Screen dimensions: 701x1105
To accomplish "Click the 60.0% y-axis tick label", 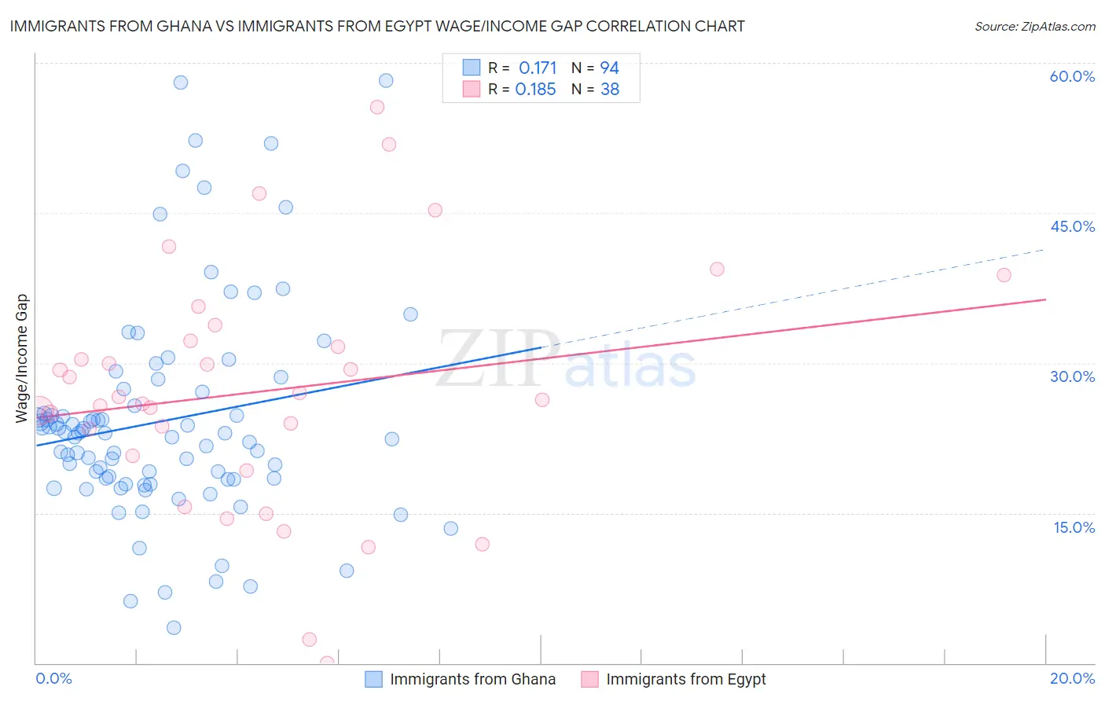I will coord(1072,76).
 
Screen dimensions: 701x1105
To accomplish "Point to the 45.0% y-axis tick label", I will coord(1072,226).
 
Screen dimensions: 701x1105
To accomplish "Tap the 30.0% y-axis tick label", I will coord(1072,376).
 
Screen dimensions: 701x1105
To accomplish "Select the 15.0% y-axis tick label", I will coord(1074,527).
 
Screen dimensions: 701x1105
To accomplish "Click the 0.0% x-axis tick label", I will coord(53,678).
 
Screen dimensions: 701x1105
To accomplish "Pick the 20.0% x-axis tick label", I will coord(1072,678).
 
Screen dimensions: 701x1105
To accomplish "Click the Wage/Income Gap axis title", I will coord(22,358).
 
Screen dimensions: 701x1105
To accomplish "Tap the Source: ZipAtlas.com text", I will coord(1034,26).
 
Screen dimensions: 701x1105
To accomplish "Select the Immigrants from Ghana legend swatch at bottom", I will coord(374,679).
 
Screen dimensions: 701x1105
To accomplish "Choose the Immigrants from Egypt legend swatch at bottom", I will coord(590,679).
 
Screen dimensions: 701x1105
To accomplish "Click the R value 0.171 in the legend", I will coord(538,68).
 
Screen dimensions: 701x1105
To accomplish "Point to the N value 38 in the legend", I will coord(610,90).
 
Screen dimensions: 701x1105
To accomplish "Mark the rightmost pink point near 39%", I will coord(1004,275).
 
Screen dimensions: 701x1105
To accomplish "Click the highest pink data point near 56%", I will coord(377,107).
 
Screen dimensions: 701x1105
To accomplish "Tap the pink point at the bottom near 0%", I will coord(327,662).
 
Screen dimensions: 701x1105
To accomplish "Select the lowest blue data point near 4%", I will coord(174,627).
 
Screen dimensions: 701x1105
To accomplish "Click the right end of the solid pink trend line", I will coord(1045,299).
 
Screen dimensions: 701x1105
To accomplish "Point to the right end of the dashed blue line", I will coord(1044,250).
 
